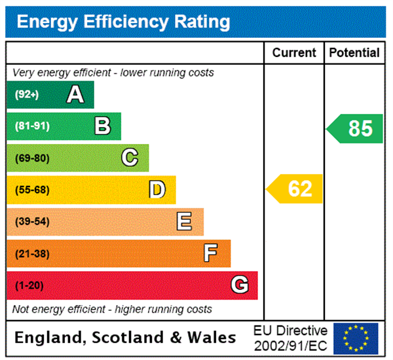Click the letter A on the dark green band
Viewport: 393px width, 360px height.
tap(76, 95)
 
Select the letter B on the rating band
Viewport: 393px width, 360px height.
tap(103, 126)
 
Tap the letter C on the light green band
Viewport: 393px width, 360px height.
tap(130, 158)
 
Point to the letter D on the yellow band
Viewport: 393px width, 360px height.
tap(157, 190)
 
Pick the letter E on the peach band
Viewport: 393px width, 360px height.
tap(185, 222)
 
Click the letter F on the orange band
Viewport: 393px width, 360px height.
tap(211, 253)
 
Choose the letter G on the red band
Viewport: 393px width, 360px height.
tap(240, 285)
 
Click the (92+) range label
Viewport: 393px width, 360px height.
tap(27, 95)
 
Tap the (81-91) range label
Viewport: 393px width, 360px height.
tap(32, 126)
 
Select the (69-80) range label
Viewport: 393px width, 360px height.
tap(32, 158)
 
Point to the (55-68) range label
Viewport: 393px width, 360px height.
tap(32, 190)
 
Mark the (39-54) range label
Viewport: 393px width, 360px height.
tap(32, 222)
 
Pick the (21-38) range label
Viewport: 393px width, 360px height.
tap(32, 253)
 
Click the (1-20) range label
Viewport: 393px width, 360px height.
tap(29, 285)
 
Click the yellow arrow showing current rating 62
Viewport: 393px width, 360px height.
tap(295, 189)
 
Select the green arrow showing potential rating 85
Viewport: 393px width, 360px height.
tap(355, 128)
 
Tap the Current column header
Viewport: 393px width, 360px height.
tap(294, 53)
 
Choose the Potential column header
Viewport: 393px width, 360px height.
tap(354, 53)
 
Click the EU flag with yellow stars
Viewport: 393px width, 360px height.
tap(356, 338)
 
